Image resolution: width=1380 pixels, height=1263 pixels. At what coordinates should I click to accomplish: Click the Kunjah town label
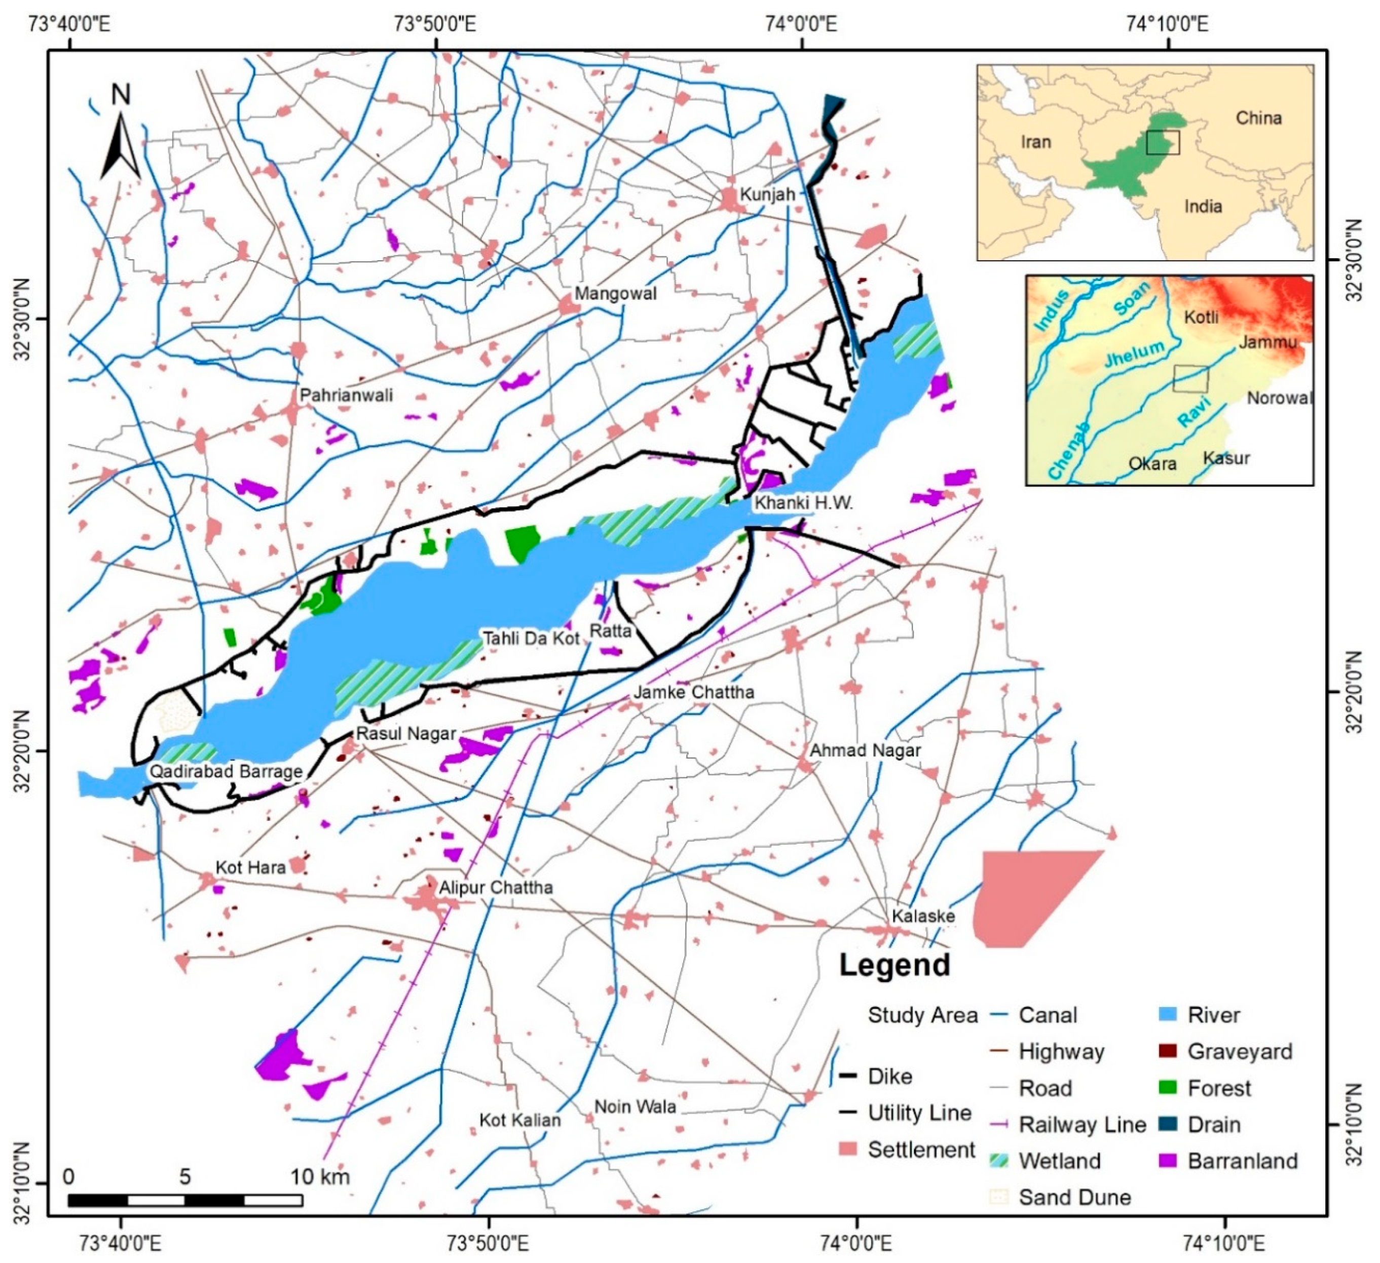(767, 194)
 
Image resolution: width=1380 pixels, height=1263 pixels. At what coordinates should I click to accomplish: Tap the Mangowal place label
(615, 294)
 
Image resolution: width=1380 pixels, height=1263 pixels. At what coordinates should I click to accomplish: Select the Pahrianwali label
(346, 395)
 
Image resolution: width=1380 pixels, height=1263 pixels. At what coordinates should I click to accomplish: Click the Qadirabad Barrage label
(226, 771)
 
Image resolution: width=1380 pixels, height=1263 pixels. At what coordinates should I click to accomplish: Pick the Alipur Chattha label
(496, 887)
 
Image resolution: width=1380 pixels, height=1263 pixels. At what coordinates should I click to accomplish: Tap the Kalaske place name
(923, 916)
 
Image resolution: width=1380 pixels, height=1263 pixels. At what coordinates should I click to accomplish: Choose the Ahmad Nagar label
(865, 750)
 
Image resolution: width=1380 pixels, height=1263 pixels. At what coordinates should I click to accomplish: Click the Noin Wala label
(635, 1107)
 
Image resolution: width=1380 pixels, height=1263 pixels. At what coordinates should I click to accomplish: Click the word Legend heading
(894, 965)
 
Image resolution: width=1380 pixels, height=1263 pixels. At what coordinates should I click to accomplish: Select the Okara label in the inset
(1152, 463)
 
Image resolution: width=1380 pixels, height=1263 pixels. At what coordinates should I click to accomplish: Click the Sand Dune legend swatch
(999, 1197)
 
